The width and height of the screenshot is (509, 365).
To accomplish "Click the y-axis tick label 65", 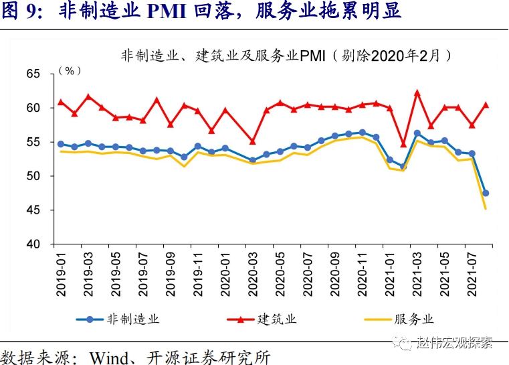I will (x=33, y=74).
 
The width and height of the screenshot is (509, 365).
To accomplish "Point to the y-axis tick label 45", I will (x=33, y=210).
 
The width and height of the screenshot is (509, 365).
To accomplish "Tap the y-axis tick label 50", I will (x=33, y=176).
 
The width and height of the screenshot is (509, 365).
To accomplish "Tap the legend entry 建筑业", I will (x=277, y=319).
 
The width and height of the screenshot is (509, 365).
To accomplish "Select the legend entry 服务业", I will (x=415, y=319).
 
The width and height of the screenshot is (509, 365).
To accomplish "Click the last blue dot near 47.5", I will (x=486, y=193).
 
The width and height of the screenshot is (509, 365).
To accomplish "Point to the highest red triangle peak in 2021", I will (x=417, y=93).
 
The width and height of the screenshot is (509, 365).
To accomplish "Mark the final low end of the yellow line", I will (x=486, y=208).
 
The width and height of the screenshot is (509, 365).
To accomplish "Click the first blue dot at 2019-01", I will (x=61, y=144).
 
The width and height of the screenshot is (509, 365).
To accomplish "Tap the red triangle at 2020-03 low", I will (x=252, y=141).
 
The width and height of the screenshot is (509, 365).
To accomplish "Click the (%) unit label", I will (x=70, y=70).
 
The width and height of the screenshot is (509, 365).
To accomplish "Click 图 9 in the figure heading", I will (x=19, y=12).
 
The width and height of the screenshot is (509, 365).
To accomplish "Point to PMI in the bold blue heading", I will (x=180, y=12).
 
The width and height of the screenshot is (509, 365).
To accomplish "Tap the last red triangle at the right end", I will (x=486, y=104).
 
